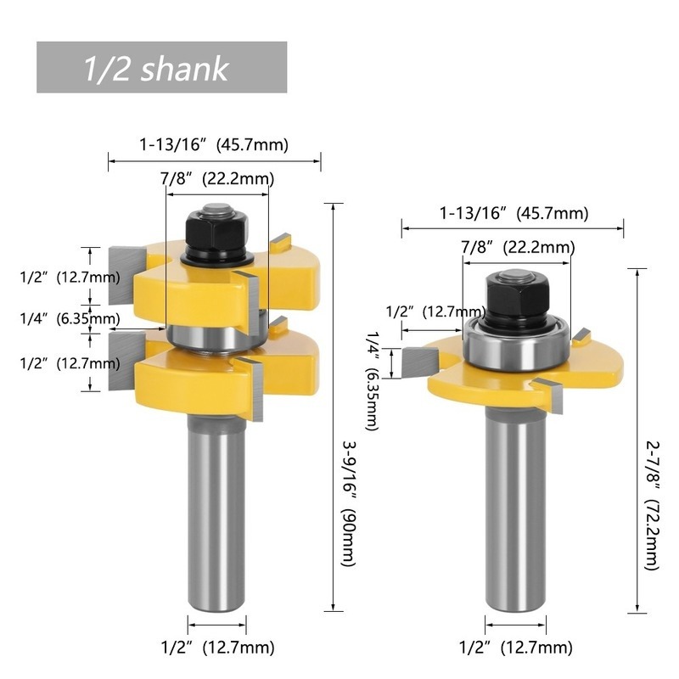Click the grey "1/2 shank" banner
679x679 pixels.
161,67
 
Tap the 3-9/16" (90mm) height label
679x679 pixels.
349,503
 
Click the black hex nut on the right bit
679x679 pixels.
517,300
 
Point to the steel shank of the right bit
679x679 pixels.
515,511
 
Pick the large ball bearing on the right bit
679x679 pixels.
516,345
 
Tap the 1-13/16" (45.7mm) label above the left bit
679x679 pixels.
214,144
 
